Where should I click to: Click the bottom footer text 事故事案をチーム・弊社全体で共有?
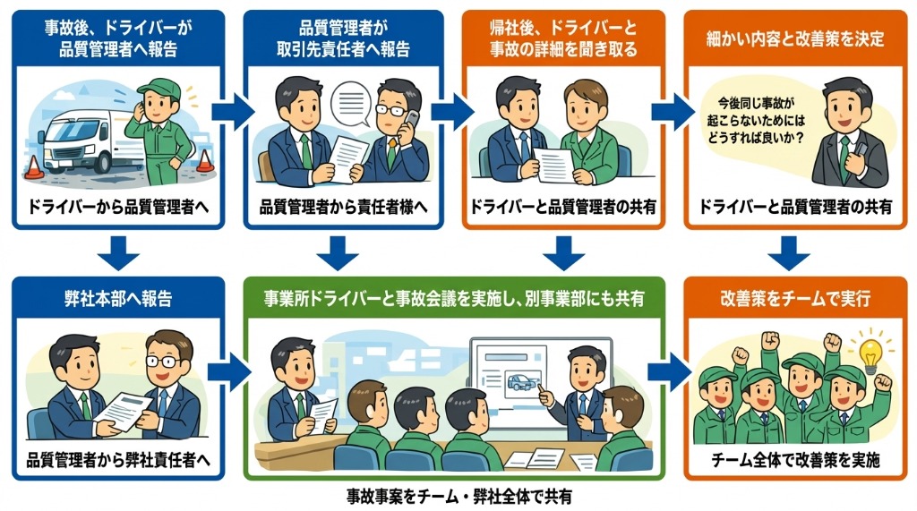[458, 495]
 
